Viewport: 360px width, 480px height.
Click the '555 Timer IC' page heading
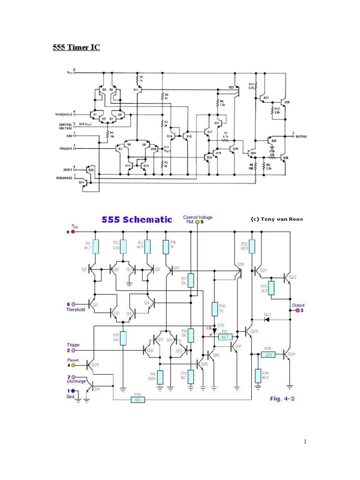click(75, 48)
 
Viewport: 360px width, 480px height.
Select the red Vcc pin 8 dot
click(73, 232)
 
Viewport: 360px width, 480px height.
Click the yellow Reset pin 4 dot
click(73, 365)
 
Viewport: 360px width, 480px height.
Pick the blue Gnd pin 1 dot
click(72, 390)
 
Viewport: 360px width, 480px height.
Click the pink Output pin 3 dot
click(297, 310)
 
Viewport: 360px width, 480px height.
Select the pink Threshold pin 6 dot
click(73, 304)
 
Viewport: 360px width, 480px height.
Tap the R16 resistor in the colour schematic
click(138, 400)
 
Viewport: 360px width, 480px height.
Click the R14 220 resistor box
click(268, 354)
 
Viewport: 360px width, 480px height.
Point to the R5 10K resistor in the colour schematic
click(123, 338)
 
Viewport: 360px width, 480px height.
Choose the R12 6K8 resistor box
click(252, 247)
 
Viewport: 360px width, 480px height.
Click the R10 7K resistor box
click(215, 309)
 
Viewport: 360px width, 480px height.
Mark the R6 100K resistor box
click(160, 377)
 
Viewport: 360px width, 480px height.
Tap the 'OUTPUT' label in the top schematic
click(300, 136)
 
